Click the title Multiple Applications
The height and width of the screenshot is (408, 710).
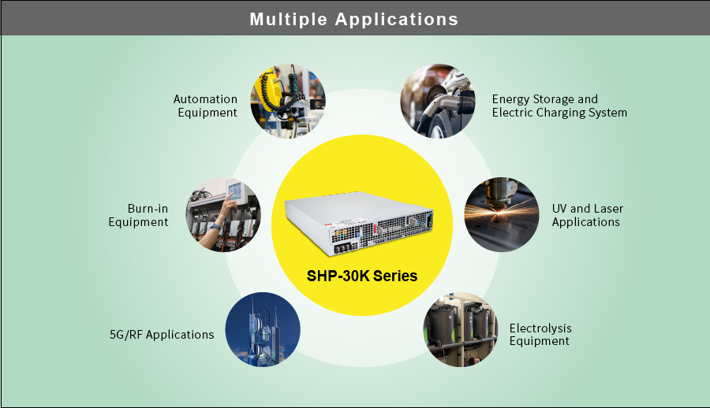click(354, 18)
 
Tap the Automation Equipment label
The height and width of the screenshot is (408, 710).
click(205, 106)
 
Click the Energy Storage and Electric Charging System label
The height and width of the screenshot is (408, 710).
click(559, 106)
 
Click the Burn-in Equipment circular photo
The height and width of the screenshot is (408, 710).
click(223, 215)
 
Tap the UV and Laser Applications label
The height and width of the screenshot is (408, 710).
click(587, 215)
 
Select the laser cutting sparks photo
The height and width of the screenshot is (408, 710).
click(500, 215)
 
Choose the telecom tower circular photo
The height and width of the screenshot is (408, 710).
click(263, 331)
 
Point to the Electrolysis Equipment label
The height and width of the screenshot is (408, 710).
click(540, 334)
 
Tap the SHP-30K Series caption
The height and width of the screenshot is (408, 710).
click(361, 276)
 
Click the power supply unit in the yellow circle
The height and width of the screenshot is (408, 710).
click(359, 224)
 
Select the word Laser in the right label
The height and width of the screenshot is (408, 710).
click(608, 209)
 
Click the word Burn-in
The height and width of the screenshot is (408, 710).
click(148, 209)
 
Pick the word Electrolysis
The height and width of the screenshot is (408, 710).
click(540, 328)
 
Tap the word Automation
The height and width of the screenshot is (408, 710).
click(205, 99)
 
